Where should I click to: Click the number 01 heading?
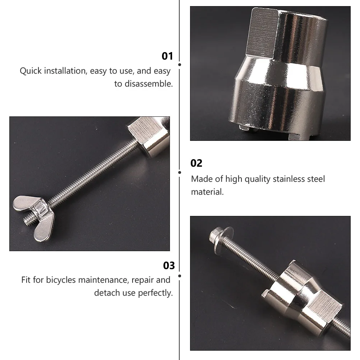tap(167, 56)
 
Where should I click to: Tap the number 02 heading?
tap(197, 163)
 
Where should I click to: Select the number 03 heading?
tap(169, 266)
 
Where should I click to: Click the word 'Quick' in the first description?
tap(31, 71)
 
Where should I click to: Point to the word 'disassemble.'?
tap(149, 84)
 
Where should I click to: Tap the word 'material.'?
tap(207, 192)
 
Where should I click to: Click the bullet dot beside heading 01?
tap(180, 65)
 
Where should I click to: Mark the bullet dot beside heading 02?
tap(180, 172)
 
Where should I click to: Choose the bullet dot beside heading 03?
tap(180, 276)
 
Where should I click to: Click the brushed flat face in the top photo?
tap(265, 33)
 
